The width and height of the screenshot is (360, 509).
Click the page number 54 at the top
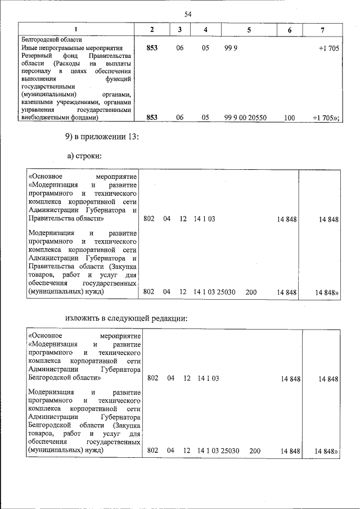(188, 15)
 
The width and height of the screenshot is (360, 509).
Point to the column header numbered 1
(76, 29)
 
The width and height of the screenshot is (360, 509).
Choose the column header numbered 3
(179, 29)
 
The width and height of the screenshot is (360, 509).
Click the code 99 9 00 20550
(245, 118)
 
